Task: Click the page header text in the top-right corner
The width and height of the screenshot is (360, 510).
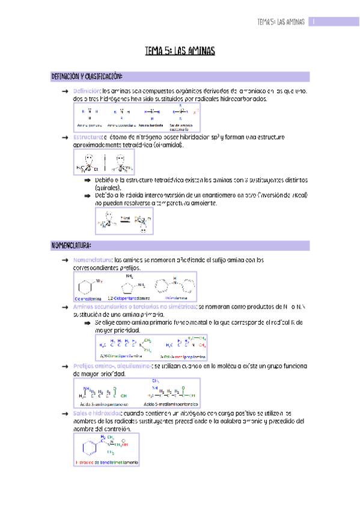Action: (281, 22)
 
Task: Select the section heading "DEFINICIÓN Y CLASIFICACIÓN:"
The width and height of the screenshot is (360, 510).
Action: (87, 76)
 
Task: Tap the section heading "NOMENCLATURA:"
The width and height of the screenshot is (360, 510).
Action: (72, 245)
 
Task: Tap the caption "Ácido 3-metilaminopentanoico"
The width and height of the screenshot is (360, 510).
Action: (166, 404)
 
